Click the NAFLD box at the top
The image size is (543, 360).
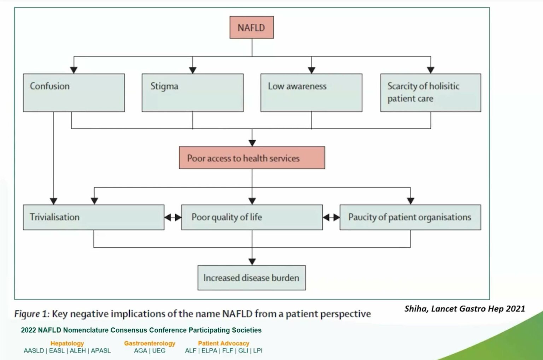coord(251,27)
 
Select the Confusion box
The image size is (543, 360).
coord(74,93)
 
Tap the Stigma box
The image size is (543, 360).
coord(192,93)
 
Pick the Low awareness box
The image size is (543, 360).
coord(311,93)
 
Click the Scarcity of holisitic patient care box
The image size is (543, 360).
coord(430,93)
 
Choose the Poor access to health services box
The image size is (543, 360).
coord(252,158)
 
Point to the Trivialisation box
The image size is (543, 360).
coord(93,217)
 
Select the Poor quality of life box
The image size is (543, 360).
coord(252,217)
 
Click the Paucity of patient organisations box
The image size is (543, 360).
coord(410,217)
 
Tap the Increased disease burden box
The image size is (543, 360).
coord(251,278)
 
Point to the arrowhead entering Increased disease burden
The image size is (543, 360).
coord(252,262)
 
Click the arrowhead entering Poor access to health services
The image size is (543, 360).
coord(252,143)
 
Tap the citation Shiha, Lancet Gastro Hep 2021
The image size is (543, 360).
coord(465,309)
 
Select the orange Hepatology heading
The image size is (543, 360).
coord(67,343)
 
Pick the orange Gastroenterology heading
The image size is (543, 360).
coord(150,343)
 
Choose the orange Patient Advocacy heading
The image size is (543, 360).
coord(223,343)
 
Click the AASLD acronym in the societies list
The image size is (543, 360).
coord(34,351)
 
